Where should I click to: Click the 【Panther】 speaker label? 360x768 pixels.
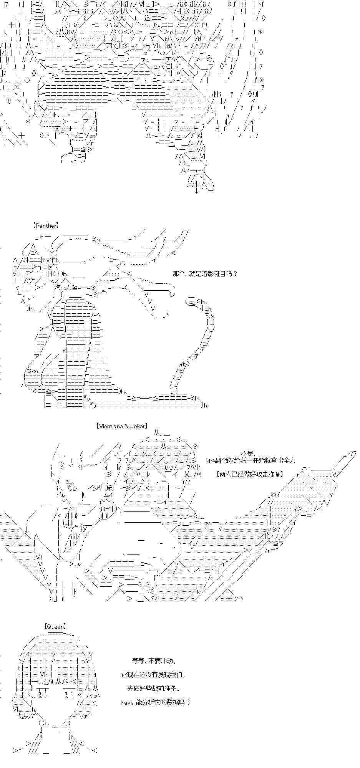[x=46, y=226]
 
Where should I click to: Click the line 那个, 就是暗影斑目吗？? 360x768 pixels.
[x=205, y=274]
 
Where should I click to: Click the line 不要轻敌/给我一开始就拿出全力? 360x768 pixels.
[x=251, y=460]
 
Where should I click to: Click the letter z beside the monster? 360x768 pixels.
[x=237, y=38]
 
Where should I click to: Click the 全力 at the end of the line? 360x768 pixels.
[x=290, y=460]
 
